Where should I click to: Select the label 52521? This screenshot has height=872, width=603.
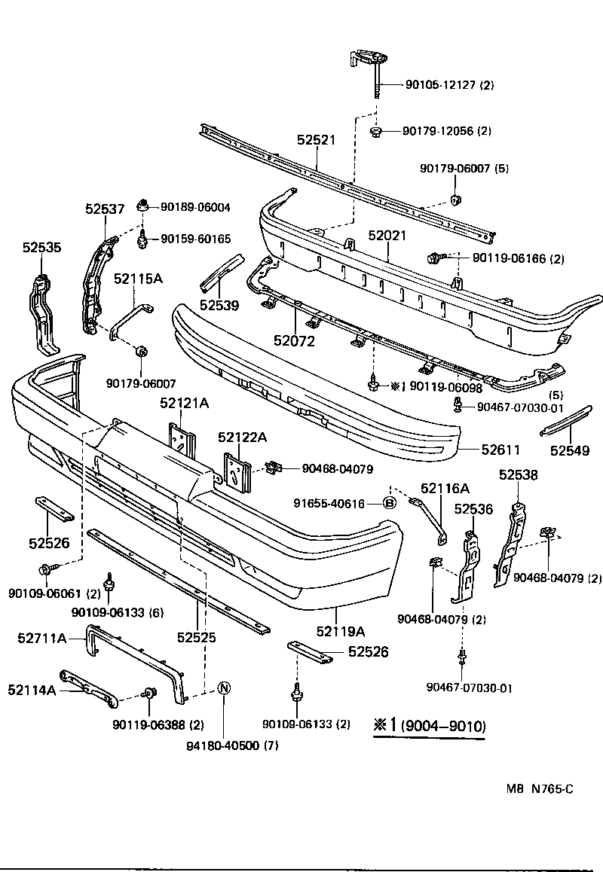tap(316, 140)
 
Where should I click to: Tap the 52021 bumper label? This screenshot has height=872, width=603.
tap(387, 236)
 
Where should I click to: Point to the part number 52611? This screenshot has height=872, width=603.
tap(501, 450)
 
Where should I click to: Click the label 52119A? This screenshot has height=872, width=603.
tap(340, 631)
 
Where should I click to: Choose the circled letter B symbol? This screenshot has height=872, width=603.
tap(390, 503)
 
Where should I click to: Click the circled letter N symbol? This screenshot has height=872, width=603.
tap(224, 688)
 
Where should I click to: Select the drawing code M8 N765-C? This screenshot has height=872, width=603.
tap(540, 788)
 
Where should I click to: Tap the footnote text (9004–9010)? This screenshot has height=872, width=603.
tap(442, 727)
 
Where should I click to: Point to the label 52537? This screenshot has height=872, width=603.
tap(104, 209)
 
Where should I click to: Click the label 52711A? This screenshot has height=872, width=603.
tap(42, 639)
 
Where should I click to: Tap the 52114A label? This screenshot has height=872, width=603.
tap(32, 689)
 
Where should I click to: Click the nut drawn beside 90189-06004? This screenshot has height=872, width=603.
tap(142, 205)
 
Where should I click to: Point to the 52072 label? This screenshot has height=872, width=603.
tap(295, 340)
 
